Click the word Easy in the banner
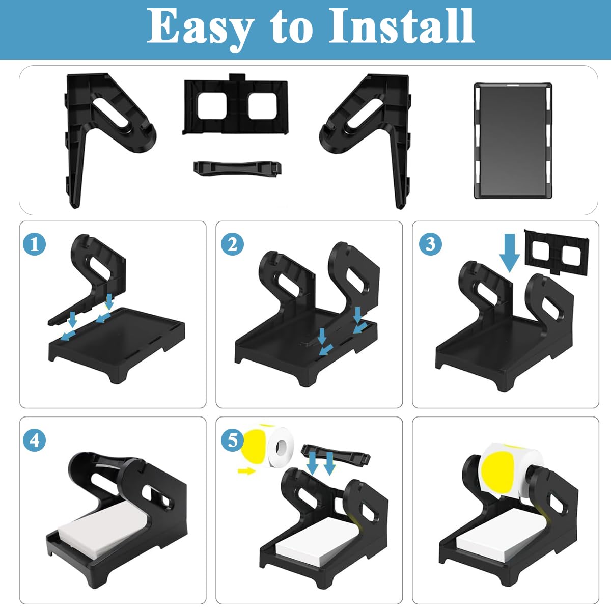(x=201, y=28)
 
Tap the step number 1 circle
(x=35, y=244)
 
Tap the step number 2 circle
(x=232, y=244)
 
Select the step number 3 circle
(x=430, y=244)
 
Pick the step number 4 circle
(x=35, y=440)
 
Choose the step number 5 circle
(x=232, y=440)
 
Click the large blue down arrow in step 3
(x=510, y=253)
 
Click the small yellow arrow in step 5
(x=246, y=471)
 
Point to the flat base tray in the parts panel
(x=513, y=141)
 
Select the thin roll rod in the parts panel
(x=237, y=167)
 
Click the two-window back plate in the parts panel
(x=236, y=105)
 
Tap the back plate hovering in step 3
(x=557, y=253)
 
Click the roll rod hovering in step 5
(x=336, y=455)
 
